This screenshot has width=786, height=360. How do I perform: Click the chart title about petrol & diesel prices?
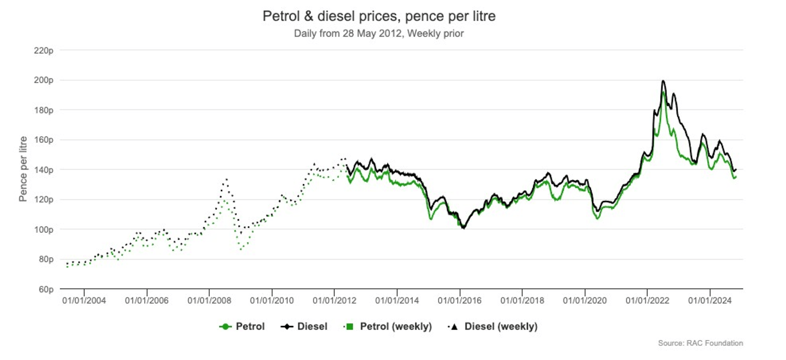pos(379,16)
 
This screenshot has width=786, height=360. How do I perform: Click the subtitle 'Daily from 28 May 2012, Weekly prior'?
pos(378,34)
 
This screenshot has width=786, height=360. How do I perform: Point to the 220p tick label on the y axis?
pos(44,51)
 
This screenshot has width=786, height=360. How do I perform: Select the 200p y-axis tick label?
pos(44,80)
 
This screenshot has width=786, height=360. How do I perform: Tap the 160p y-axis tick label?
pos(44,140)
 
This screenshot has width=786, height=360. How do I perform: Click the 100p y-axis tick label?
pos(44,230)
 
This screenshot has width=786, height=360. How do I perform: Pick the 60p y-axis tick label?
pos(46,290)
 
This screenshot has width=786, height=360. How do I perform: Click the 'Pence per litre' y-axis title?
pos(23,169)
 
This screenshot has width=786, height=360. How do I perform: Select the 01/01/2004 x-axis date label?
pos(84,301)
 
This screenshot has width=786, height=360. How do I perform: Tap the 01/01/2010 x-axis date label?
pos(272,301)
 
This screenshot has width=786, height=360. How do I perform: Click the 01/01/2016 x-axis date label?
pos(460,301)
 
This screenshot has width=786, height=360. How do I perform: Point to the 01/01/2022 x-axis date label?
pos(647,301)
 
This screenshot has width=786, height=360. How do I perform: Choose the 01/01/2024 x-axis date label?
pos(710,301)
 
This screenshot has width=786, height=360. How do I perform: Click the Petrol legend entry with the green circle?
pos(242,326)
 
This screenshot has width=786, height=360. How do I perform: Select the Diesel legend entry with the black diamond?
pos(304,326)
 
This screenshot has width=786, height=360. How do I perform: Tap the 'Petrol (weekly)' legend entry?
pos(388,326)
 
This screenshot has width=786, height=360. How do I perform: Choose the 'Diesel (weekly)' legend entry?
pos(493,326)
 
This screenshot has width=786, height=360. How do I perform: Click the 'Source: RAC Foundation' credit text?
pos(700,343)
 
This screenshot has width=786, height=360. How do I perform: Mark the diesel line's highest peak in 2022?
pos(663,81)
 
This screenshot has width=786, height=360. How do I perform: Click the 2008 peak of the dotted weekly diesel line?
pos(226,179)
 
